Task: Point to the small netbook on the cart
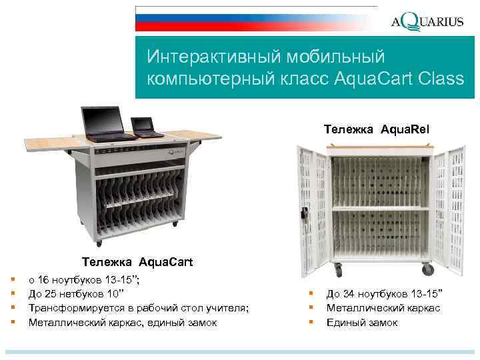[x=146, y=127]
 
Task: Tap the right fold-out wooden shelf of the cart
[x=204, y=135]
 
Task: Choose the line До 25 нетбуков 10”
[x=76, y=294]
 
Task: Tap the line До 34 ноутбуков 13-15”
[x=385, y=294]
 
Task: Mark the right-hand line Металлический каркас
[x=383, y=308]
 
